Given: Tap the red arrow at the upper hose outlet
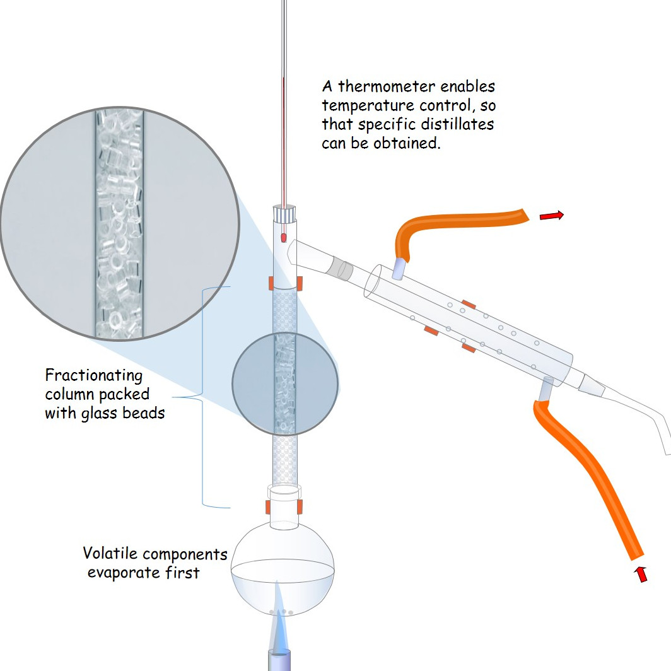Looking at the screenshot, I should pos(551,216).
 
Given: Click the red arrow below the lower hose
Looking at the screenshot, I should pos(641,574).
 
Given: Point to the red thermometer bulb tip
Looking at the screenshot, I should pos(284,238).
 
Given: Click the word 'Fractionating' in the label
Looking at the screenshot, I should pos(94,376).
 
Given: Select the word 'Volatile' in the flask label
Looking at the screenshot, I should pos(110,554).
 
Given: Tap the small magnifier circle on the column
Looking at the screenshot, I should pos(284,383).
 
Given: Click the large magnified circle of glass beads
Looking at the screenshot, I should pos(119,223).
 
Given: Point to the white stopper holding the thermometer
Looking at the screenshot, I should pos(284,213).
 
